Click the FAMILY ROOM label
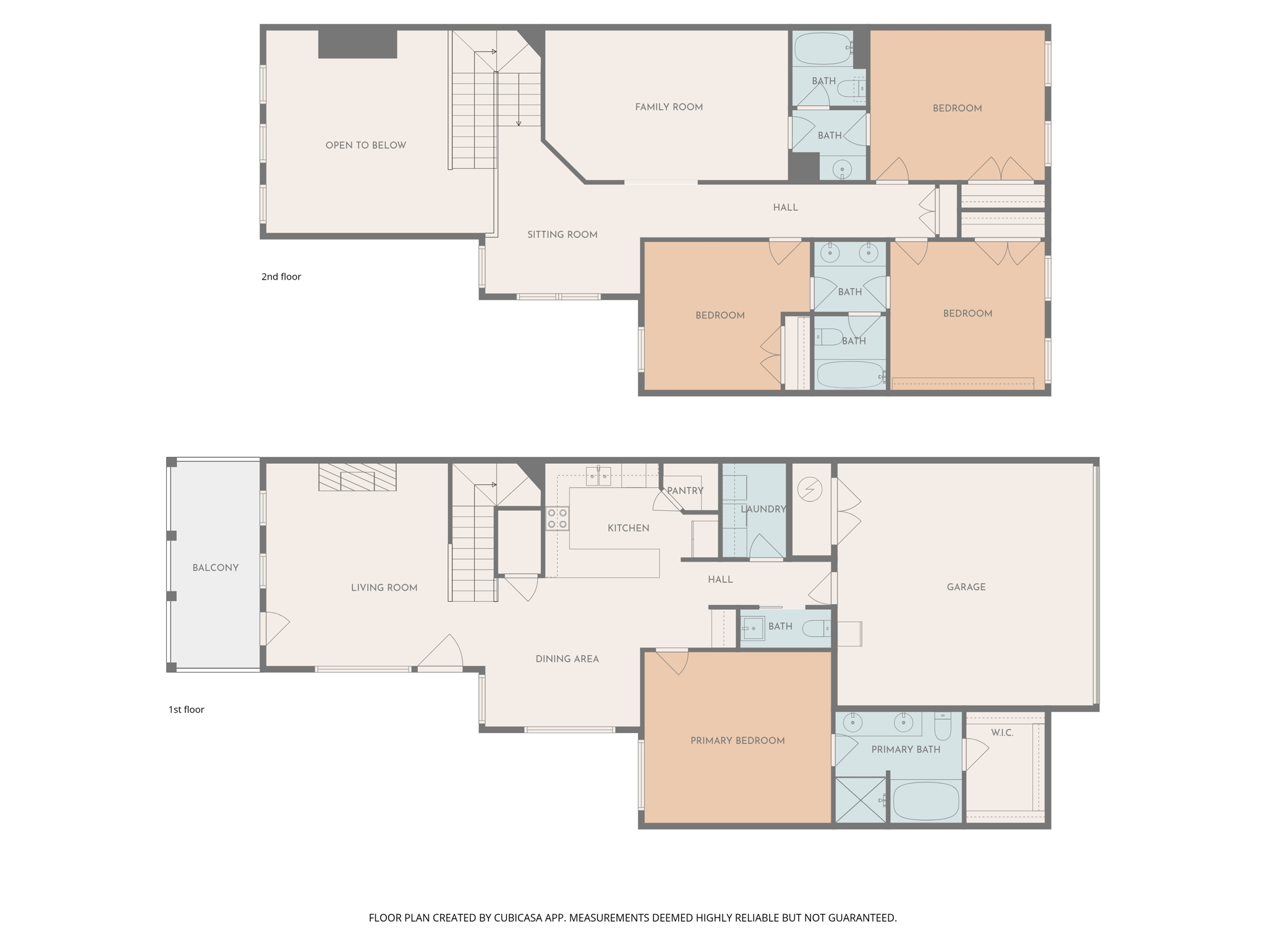pos(669,107)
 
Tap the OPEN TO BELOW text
pos(365,145)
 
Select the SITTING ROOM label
pos(562,234)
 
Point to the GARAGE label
pos(966,587)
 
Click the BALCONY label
pos(215,568)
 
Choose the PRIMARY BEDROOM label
pos(737,740)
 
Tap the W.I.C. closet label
pos(1002,733)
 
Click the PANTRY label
pos(685,490)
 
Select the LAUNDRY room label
pos(763,509)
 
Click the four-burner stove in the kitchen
pos(557,518)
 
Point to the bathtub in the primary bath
pos(925,801)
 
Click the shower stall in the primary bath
pos(860,800)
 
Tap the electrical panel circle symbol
pos(810,490)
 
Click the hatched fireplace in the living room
pos(357,477)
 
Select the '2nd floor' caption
pos(281,276)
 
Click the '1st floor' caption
pos(186,709)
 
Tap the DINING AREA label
pos(567,659)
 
